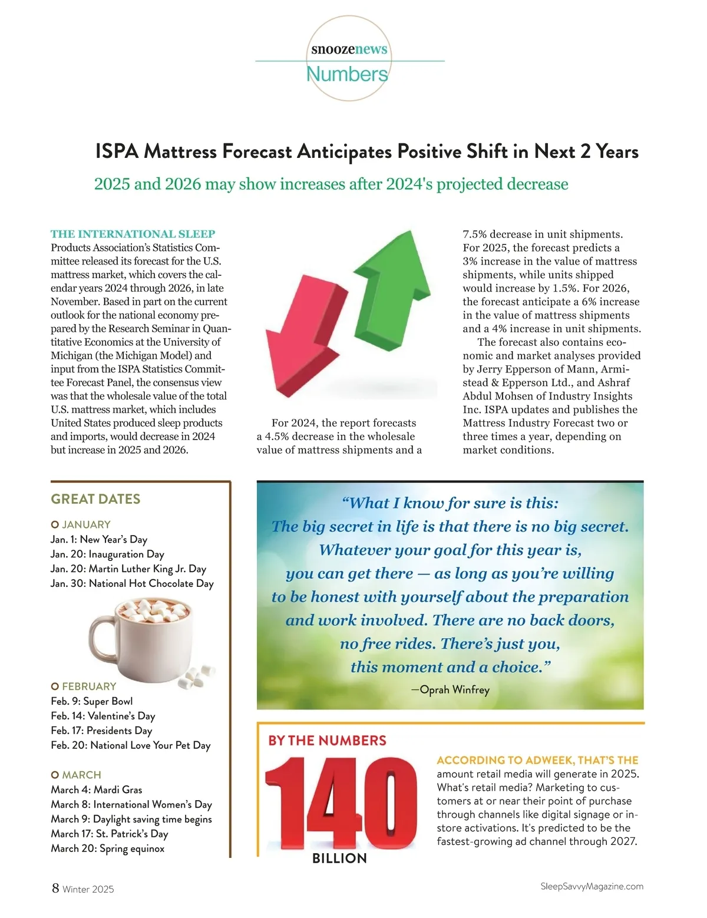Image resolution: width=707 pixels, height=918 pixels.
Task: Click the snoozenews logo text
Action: [x=349, y=49]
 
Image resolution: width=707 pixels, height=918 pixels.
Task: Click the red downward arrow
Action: [x=300, y=336]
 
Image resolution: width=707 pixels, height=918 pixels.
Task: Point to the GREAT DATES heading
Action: [x=95, y=499]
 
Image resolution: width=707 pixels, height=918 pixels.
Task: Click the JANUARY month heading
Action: [x=86, y=524]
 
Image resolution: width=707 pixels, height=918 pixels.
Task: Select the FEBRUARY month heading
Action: [x=89, y=686]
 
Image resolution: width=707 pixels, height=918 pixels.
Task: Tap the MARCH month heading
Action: [x=81, y=775]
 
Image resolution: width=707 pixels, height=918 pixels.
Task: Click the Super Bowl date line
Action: [x=92, y=701]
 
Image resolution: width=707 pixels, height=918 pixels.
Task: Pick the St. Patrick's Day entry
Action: [x=110, y=834]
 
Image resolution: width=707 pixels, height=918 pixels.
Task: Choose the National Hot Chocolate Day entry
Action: [x=132, y=583]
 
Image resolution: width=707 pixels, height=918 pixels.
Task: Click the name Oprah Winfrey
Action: [x=454, y=689]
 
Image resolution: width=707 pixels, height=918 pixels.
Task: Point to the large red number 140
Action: [x=341, y=804]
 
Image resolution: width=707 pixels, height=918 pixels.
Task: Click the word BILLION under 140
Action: [x=339, y=858]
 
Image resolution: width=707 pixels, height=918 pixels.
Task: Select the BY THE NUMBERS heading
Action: [x=328, y=741]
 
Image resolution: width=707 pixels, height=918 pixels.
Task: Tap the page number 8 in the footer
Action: [x=55, y=888]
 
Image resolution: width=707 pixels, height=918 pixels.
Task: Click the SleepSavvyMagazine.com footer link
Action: [x=592, y=887]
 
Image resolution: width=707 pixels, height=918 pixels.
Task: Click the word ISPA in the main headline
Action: [x=117, y=152]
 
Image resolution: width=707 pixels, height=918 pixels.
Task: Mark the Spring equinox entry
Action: [x=108, y=848]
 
